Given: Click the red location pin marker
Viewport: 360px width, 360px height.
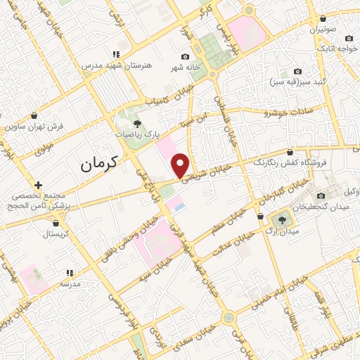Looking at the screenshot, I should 181,165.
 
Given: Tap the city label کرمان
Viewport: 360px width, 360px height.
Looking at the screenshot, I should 97,165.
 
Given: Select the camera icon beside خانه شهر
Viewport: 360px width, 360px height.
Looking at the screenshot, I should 186,56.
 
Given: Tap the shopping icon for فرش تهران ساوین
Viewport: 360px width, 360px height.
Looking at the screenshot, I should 34,115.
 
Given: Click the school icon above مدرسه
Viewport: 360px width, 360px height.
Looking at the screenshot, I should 69,272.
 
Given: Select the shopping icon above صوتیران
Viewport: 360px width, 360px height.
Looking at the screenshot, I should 322,19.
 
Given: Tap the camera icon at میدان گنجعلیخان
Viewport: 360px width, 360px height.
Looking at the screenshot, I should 321,196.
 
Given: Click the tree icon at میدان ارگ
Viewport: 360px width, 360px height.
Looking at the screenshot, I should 283,220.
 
